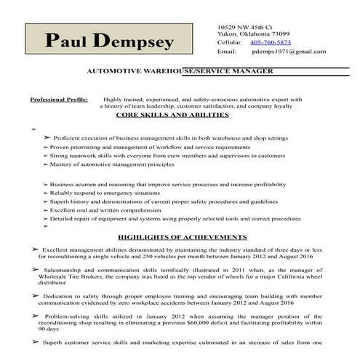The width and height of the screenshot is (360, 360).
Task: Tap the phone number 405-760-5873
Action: tap(271, 43)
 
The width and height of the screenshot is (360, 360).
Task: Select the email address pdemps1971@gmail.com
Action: tap(289, 52)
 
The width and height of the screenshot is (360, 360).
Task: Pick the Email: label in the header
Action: tap(227, 52)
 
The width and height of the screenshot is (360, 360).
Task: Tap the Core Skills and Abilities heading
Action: tap(180, 115)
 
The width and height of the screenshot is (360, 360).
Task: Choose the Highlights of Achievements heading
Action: tap(182, 237)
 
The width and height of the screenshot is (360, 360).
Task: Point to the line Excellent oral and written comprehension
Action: tap(119, 209)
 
